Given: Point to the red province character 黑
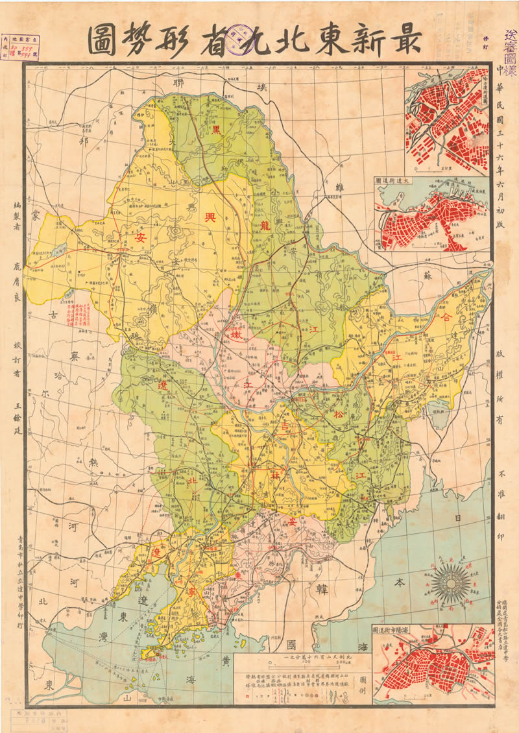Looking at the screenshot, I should (x=216, y=129).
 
